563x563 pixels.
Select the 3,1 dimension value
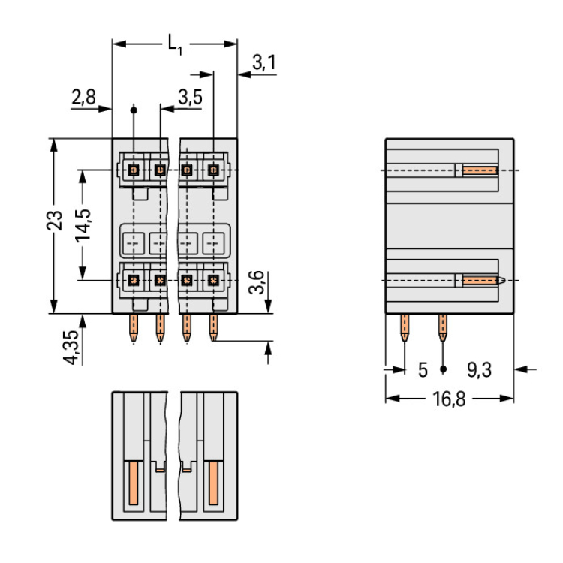coord(263,63)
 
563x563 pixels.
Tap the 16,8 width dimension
coord(448,399)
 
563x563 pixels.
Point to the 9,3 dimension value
coord(480,369)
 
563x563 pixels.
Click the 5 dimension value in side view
coord(423,369)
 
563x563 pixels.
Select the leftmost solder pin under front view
coord(134,328)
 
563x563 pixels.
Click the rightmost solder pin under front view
coord(214,328)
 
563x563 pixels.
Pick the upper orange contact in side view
coord(480,170)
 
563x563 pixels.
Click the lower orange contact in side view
coord(481,280)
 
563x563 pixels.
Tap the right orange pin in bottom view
coord(214,483)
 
